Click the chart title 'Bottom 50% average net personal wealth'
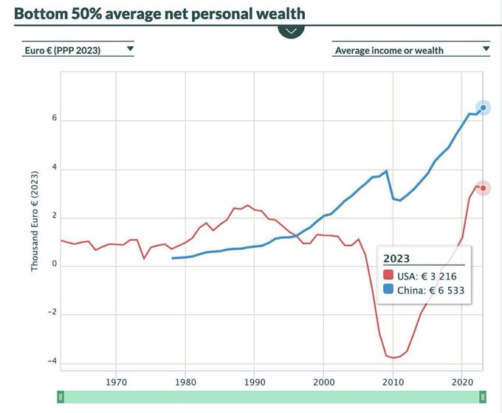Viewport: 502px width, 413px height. click(x=159, y=13)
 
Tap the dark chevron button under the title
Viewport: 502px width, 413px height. click(x=291, y=31)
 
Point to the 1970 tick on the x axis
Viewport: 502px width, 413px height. click(x=116, y=382)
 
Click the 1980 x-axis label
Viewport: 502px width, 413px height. click(x=185, y=382)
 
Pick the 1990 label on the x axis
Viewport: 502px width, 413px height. click(x=254, y=382)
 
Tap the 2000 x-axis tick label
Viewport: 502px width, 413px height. click(x=323, y=382)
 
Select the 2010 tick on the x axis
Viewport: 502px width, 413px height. click(x=392, y=382)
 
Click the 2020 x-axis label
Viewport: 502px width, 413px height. click(x=461, y=382)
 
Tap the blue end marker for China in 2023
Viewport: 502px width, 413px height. click(x=483, y=108)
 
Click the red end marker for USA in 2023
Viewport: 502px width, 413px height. click(x=483, y=188)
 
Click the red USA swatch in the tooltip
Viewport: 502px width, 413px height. click(x=389, y=276)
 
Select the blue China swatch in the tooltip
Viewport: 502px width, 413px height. click(x=389, y=291)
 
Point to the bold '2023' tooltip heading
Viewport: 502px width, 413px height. click(x=396, y=258)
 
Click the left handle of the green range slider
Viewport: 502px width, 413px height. click(x=61, y=397)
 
